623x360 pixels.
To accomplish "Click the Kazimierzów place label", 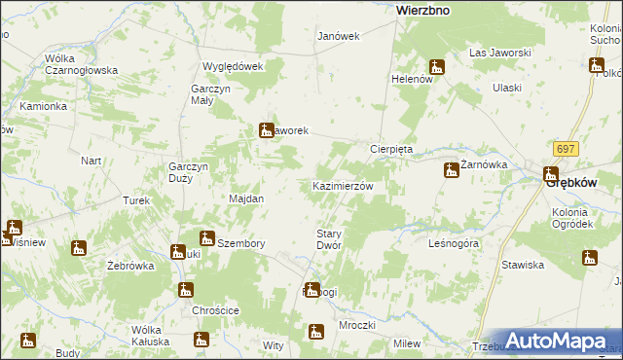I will coord(342,185).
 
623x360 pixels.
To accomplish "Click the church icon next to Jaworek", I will coord(266,130).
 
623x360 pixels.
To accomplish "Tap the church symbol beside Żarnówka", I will coord(451,171).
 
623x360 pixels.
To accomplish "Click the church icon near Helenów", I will coord(437,67).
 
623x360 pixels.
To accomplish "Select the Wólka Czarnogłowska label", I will coord(81,64).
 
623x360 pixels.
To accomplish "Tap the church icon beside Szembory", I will coord(206,238).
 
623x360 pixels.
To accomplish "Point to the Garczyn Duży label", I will coord(189,172).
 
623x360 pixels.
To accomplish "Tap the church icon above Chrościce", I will coord(185,290).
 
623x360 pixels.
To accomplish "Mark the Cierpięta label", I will coord(391,149).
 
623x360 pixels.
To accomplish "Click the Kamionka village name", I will coord(43,105).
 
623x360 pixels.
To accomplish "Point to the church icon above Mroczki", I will coord(315,332).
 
